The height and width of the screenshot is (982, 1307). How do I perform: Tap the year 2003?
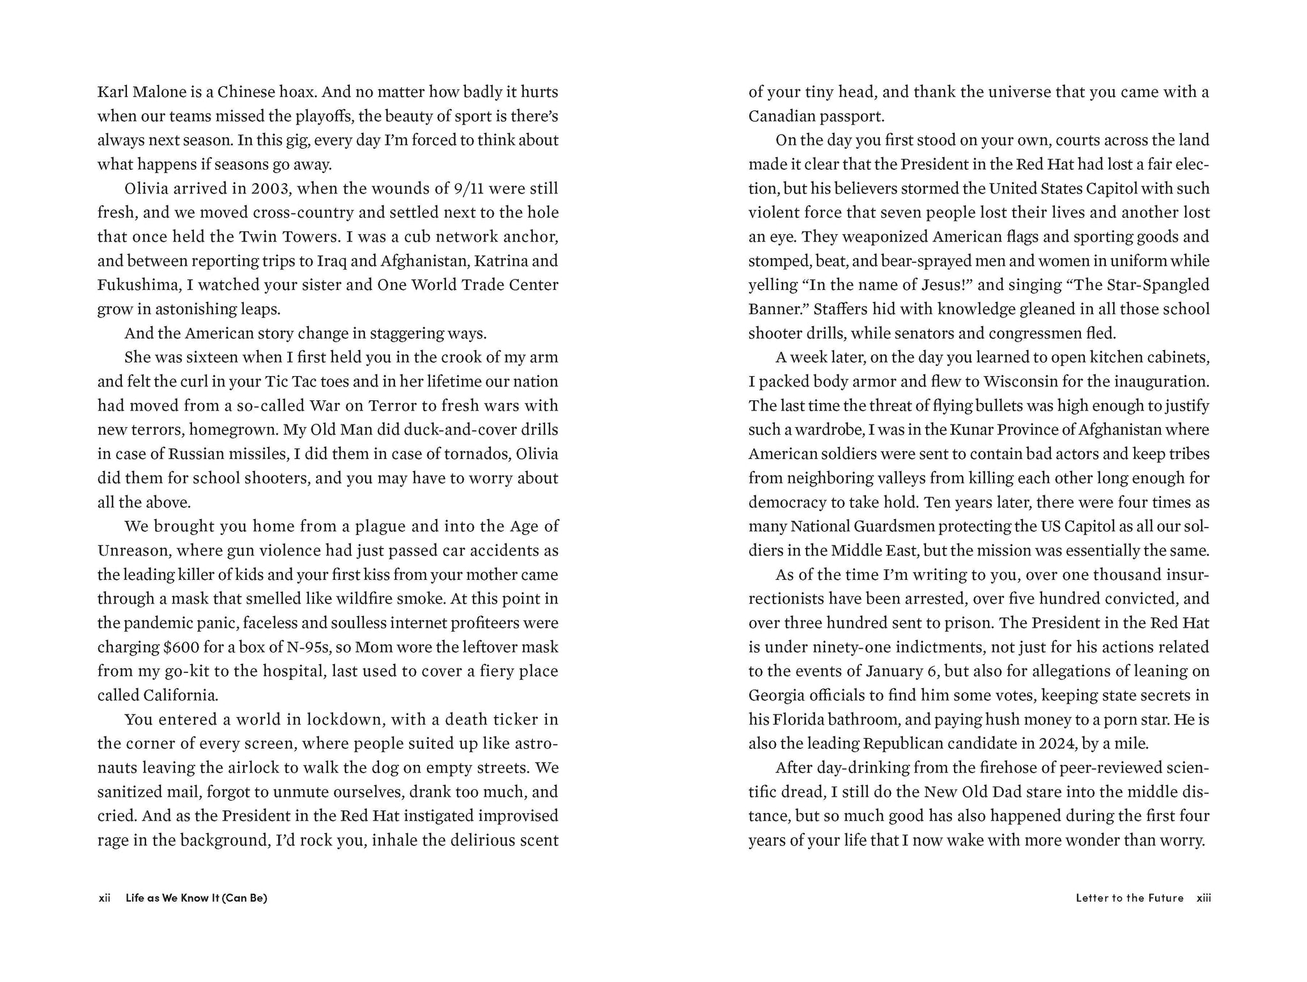tap(269, 189)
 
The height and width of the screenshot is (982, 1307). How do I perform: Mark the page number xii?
tap(105, 898)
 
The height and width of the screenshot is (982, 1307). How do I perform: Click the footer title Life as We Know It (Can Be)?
tap(197, 898)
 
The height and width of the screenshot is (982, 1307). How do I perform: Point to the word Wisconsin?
tap(1021, 382)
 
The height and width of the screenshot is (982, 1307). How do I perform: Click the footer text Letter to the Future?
tap(1129, 898)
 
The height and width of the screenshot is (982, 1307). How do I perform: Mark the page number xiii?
tap(1204, 898)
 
